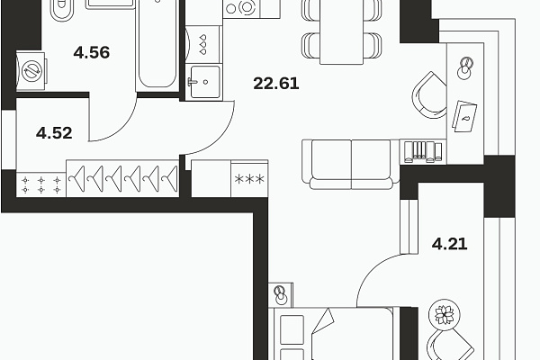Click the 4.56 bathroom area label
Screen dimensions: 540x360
click(x=92, y=52)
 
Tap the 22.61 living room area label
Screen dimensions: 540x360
click(x=276, y=84)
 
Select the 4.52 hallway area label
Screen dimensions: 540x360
click(x=54, y=133)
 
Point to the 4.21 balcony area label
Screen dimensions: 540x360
click(x=449, y=244)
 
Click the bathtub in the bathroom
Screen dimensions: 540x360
click(x=157, y=45)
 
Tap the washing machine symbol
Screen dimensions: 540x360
click(x=31, y=71)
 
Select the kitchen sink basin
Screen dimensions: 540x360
click(x=204, y=82)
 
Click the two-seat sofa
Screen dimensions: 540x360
click(x=351, y=165)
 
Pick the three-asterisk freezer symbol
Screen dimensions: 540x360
click(x=249, y=179)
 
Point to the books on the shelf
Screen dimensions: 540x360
click(x=423, y=151)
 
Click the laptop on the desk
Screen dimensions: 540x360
click(x=465, y=116)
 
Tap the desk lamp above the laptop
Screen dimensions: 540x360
click(x=465, y=67)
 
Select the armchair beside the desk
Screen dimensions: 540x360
click(x=429, y=95)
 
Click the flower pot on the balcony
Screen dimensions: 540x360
click(x=445, y=314)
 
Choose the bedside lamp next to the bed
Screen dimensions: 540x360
click(x=281, y=294)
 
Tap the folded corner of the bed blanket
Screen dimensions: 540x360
click(x=324, y=319)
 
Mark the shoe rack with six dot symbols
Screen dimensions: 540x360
click(x=41, y=184)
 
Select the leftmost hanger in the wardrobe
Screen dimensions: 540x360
click(x=77, y=179)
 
